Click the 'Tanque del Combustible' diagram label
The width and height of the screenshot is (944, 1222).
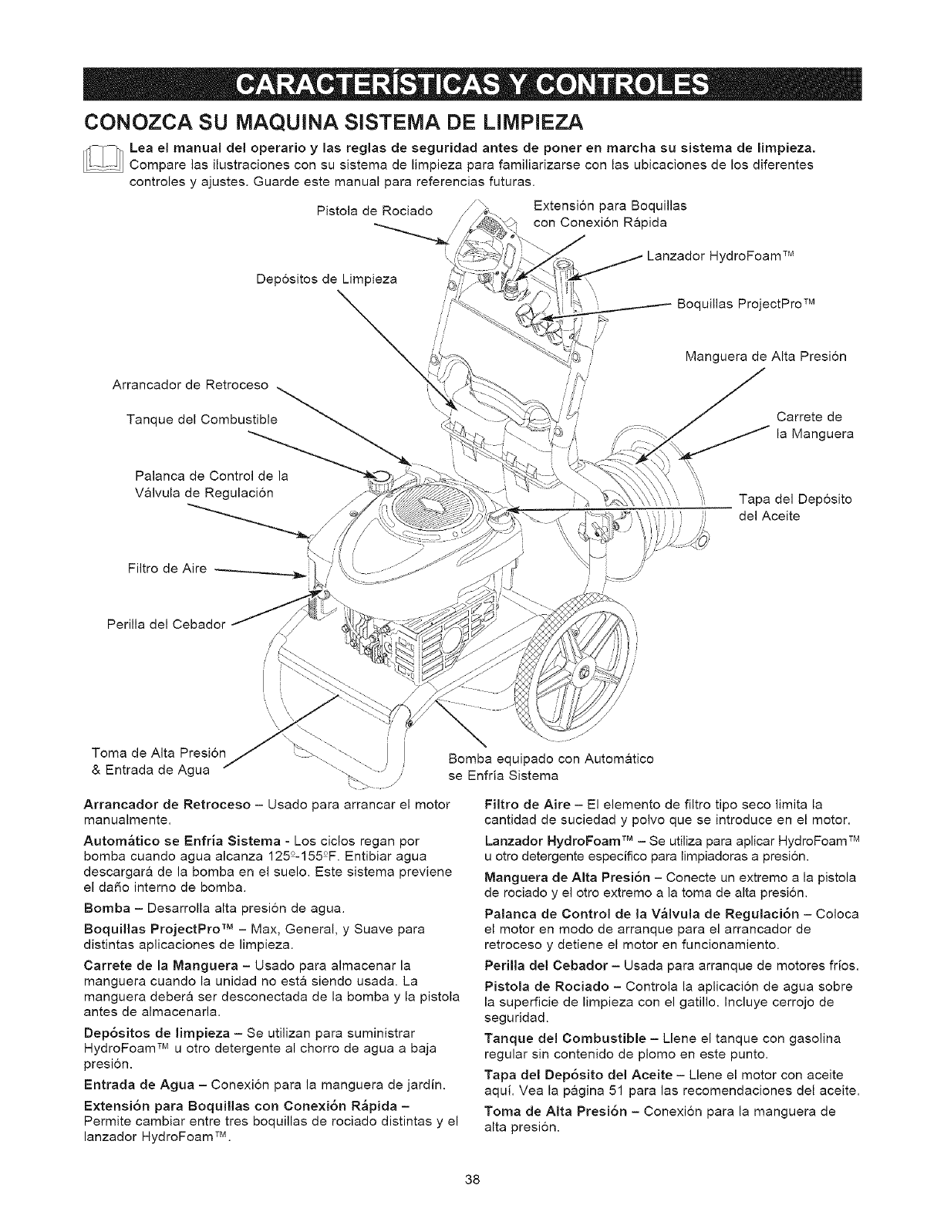[201, 419]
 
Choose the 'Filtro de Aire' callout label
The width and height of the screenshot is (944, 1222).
[166, 569]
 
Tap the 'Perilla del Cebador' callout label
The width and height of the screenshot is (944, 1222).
[159, 623]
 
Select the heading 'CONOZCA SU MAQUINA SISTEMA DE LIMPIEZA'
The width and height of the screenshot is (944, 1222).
[332, 122]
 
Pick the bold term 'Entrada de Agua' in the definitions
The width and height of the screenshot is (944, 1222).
[130, 1087]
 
